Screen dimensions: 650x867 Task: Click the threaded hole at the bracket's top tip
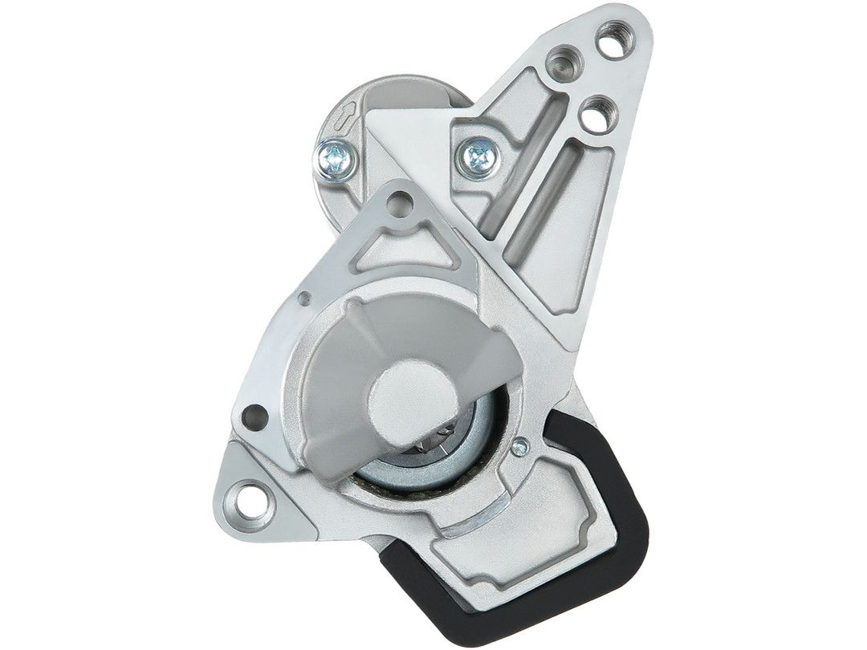[613, 36]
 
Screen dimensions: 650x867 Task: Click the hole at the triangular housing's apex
[399, 205]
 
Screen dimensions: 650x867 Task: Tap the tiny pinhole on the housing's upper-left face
[303, 299]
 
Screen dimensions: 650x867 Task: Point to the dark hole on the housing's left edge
[255, 416]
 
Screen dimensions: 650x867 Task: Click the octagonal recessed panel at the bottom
[514, 554]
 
